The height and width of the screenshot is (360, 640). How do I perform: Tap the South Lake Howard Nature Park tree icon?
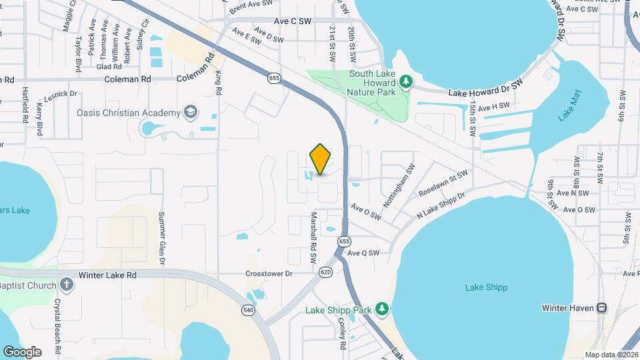click(x=406, y=81)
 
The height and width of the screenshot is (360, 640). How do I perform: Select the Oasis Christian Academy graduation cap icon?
click(x=191, y=112)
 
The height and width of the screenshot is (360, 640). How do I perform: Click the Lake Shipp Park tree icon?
click(x=381, y=309)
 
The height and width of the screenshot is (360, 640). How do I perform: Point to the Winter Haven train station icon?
click(x=601, y=308)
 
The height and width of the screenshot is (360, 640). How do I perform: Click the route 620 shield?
click(x=325, y=272)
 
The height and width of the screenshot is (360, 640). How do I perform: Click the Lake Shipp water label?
click(x=486, y=287)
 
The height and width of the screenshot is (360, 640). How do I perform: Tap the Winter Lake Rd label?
click(x=107, y=275)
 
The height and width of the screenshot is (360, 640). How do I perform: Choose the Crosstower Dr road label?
click(x=269, y=273)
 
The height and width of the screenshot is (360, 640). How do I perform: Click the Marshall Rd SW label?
click(x=313, y=237)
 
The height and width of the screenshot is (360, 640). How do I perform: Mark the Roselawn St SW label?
click(x=443, y=183)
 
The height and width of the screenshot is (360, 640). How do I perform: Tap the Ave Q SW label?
click(x=363, y=253)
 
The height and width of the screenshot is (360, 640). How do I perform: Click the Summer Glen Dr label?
click(x=161, y=238)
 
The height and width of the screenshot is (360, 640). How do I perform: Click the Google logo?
click(x=22, y=351)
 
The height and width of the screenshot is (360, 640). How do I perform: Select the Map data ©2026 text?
click(x=611, y=355)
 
